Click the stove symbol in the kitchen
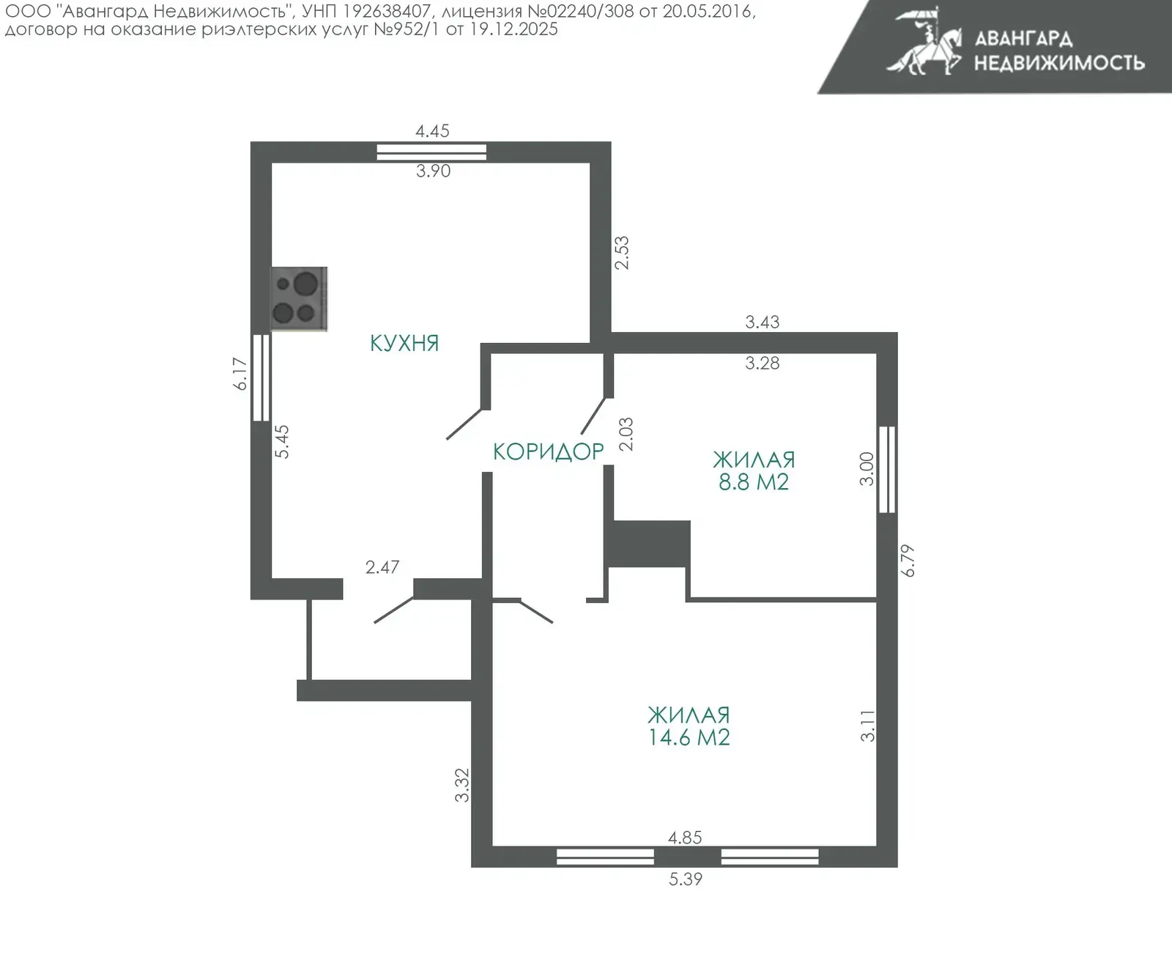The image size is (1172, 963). [x=299, y=299]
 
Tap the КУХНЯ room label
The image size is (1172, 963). [x=404, y=343]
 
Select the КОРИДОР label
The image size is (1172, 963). [x=549, y=451]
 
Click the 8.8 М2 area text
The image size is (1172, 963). [x=754, y=482]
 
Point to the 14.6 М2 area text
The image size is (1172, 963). [x=689, y=737]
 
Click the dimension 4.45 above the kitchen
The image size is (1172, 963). [x=432, y=130]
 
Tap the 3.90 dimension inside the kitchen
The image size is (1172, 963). [x=433, y=171]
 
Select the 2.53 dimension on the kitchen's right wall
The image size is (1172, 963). [x=622, y=253]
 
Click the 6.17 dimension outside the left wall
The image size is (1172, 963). [x=240, y=374]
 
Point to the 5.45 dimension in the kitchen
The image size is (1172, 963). [x=282, y=441]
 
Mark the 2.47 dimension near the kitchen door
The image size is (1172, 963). [x=382, y=567]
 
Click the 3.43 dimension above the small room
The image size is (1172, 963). [x=763, y=322]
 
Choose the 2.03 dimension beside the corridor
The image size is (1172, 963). [x=626, y=435]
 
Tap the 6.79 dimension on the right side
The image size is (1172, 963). [x=907, y=561]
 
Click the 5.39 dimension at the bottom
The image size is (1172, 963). [x=686, y=879]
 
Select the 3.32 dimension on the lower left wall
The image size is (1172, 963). [x=462, y=785]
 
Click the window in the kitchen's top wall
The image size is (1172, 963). [x=431, y=152]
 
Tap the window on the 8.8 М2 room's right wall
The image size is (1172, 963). [x=887, y=469]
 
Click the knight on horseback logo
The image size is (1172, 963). [x=924, y=42]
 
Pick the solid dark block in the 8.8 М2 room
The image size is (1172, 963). [x=648, y=544]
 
